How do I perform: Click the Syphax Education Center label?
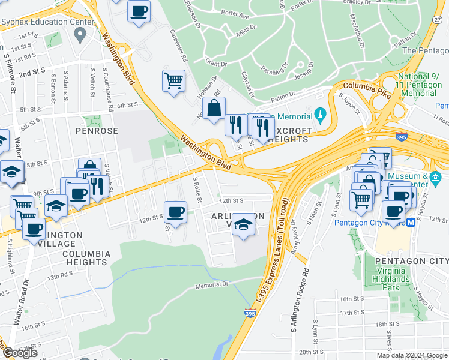[x=47, y=22]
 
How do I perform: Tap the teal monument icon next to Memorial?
[x=321, y=115]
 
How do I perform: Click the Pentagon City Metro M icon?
[x=411, y=223]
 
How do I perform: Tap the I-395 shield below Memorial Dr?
[x=251, y=313]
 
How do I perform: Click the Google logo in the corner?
[x=20, y=353]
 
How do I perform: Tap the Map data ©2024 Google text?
[x=412, y=355]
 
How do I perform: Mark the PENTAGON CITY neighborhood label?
[x=411, y=262]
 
